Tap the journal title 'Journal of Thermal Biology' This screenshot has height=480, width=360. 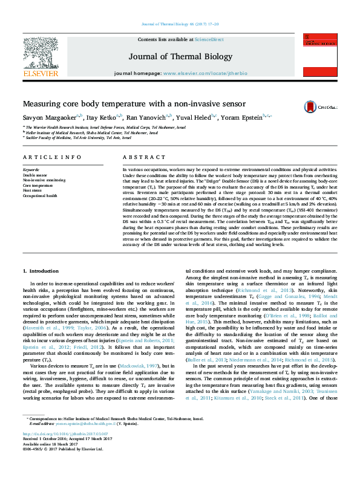point(180,57)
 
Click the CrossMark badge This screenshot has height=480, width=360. point(326,105)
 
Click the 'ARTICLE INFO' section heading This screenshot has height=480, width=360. point(52,157)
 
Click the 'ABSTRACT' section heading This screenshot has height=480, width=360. point(136,157)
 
